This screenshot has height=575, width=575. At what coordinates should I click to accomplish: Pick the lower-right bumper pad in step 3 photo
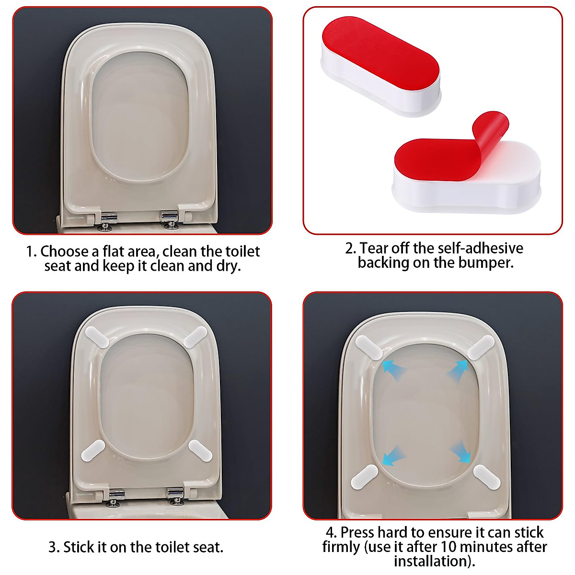point(200,450)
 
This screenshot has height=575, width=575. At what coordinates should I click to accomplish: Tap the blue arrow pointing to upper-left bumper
point(393,368)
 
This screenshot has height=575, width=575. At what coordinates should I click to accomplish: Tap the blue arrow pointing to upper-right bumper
point(457,369)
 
